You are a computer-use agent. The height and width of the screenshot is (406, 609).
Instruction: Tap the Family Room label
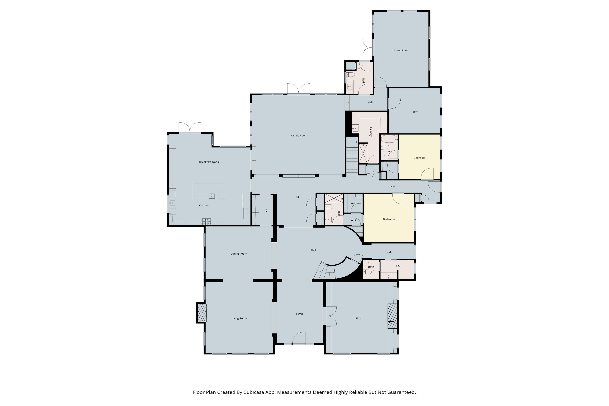299,136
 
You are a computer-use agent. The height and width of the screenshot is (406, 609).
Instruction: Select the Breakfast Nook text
209,162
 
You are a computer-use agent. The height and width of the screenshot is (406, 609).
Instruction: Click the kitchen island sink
212,196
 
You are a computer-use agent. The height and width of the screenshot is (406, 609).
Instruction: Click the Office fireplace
392,316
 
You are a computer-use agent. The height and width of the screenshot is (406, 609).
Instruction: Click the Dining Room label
239,254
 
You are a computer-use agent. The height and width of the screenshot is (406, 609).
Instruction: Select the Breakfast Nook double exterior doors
190,128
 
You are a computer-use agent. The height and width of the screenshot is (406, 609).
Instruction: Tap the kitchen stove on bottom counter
206,221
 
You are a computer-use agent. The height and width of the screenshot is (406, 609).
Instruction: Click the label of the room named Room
414,112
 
